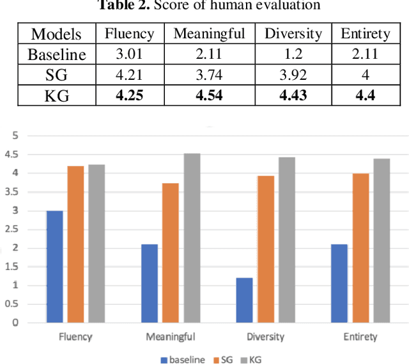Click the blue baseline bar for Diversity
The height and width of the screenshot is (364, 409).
[x=244, y=300]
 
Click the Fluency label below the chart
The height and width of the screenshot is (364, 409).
[x=75, y=337]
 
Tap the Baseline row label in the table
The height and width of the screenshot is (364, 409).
[x=56, y=54]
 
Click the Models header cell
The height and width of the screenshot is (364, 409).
[x=56, y=34]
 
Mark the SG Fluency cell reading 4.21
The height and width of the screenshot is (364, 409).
[x=130, y=75]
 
